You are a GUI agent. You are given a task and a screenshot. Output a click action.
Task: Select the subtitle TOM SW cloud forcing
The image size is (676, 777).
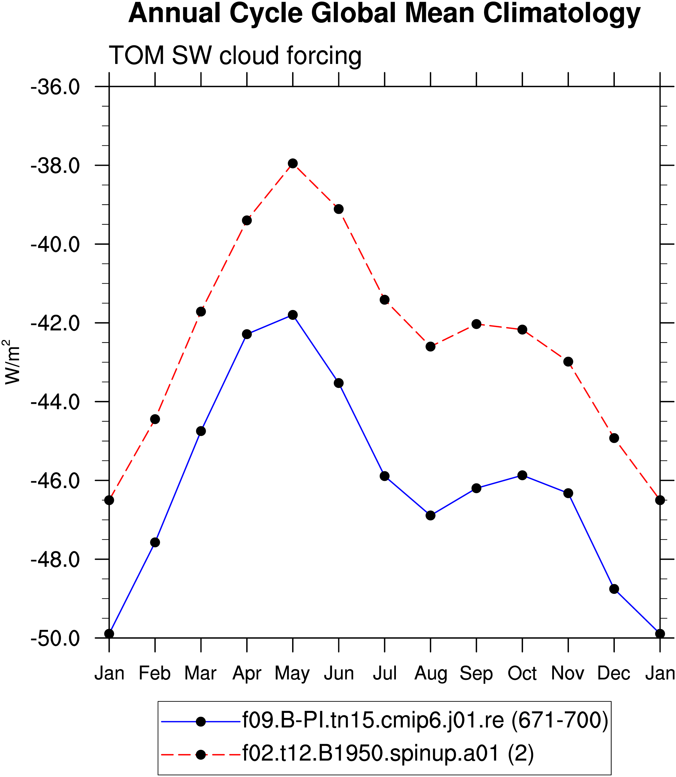235,55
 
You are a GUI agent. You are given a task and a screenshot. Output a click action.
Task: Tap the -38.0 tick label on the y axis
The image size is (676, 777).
55,166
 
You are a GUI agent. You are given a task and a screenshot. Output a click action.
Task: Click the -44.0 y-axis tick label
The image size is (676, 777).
55,402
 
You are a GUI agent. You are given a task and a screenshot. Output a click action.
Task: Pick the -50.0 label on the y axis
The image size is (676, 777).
55,639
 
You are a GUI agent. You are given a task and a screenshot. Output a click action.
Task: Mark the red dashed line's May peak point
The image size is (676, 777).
293,163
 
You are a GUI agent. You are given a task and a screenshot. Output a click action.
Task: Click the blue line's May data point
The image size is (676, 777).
293,315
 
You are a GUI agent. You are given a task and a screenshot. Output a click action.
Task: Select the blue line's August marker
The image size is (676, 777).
430,515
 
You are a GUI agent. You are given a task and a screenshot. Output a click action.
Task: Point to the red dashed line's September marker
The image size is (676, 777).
477,324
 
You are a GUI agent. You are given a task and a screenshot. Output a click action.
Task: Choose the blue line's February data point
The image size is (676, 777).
155,543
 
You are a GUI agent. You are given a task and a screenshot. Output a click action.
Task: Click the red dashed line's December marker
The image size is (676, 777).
614,438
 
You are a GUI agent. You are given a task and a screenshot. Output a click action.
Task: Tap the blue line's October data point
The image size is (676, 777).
522,475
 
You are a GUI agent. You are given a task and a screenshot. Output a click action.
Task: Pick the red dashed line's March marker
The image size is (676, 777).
201,312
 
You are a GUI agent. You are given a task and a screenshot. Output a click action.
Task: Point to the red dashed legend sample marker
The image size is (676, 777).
201,755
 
